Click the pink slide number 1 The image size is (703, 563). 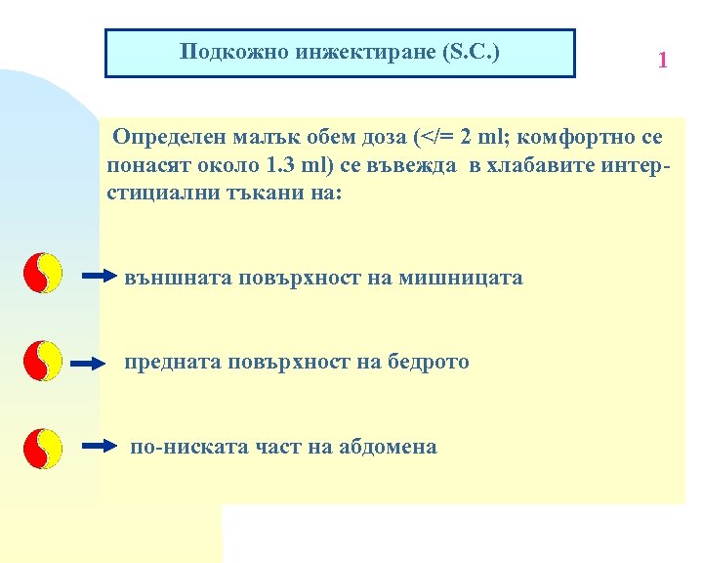click(663, 61)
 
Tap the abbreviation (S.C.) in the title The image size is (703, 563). click(470, 51)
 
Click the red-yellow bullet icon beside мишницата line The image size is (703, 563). click(42, 275)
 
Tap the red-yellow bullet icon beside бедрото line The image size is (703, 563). click(42, 361)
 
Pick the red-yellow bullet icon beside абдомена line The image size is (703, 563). click(42, 447)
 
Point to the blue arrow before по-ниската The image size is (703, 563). click(98, 447)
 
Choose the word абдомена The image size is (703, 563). click(388, 447)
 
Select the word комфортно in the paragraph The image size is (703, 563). click(579, 134)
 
